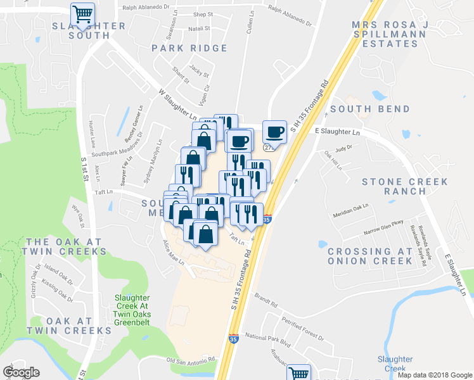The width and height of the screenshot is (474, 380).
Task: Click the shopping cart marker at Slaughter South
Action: point(82,14)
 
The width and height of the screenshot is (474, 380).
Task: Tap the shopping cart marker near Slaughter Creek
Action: point(298,373)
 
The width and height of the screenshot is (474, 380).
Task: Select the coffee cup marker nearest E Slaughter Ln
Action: point(274,132)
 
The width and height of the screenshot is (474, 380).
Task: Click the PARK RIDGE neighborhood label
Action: point(189,48)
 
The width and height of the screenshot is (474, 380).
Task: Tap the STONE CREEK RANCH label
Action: point(404,186)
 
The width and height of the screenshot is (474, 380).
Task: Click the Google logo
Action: point(21,372)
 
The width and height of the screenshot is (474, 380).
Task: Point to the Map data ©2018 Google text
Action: point(435,375)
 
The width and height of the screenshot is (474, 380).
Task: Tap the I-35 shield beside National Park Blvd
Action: point(233,339)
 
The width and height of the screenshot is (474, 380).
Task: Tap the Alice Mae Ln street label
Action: point(173,252)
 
